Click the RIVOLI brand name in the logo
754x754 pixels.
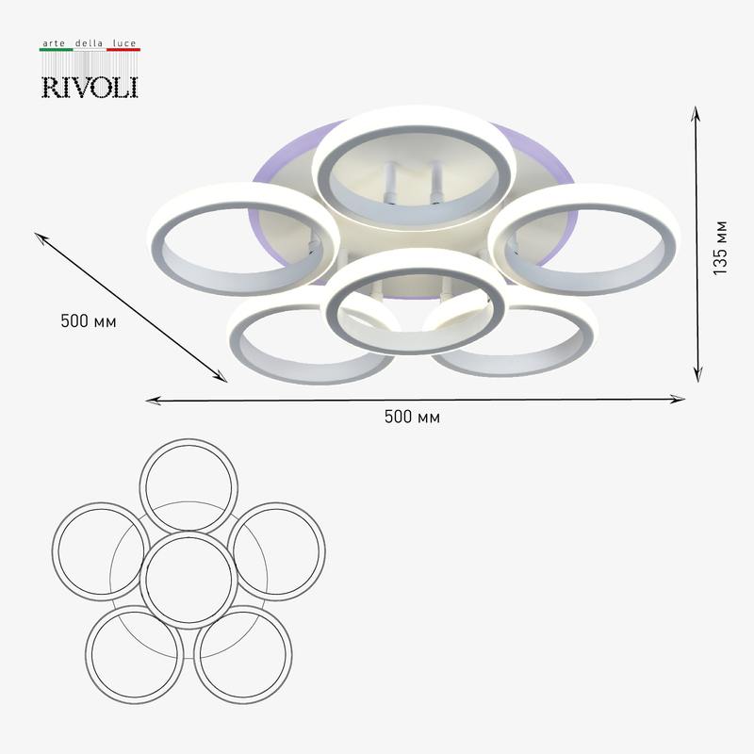coord(90,87)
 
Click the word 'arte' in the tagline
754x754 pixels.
coord(54,43)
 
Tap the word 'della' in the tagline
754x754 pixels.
coord(89,43)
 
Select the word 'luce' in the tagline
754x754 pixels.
coord(124,43)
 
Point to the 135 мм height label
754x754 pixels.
coord(720,248)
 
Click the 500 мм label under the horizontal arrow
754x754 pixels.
coord(412,417)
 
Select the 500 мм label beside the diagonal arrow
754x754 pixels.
coord(89,320)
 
